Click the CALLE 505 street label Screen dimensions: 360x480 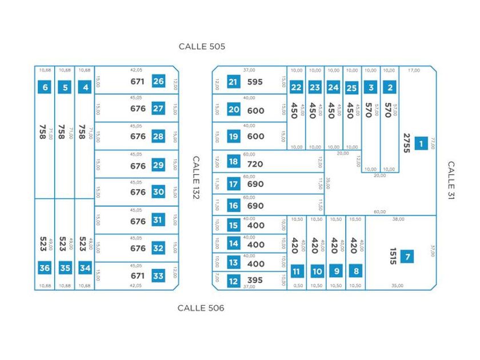pyautogui.click(x=202, y=46)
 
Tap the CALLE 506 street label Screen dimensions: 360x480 pyautogui.click(x=201, y=308)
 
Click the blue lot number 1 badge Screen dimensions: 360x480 pyautogui.click(x=421, y=143)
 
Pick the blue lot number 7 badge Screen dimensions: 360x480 pyautogui.click(x=407, y=257)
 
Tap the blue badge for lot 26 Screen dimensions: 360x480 pyautogui.click(x=158, y=81)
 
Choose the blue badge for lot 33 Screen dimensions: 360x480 pyautogui.click(x=158, y=276)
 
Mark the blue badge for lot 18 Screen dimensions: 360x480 pyautogui.click(x=233, y=162)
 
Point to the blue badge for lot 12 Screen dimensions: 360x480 pyautogui.click(x=233, y=281)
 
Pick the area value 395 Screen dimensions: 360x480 pyautogui.click(x=255, y=281)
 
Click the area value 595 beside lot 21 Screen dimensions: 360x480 pyautogui.click(x=255, y=82)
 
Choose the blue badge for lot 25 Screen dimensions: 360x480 pyautogui.click(x=352, y=87)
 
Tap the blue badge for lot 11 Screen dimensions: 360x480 pyautogui.click(x=297, y=271)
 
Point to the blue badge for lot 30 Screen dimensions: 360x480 pyautogui.click(x=158, y=193)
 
